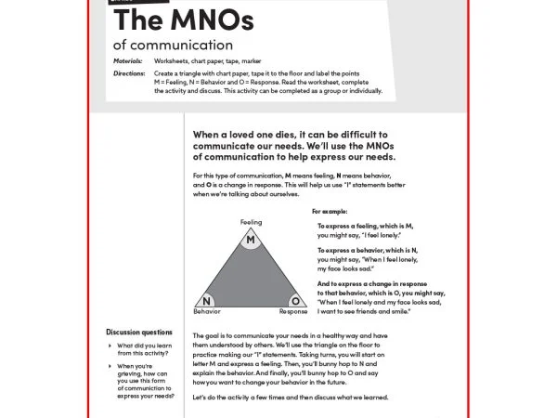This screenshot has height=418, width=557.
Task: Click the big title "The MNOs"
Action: coord(176,20)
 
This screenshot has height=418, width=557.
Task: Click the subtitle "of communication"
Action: coord(173,44)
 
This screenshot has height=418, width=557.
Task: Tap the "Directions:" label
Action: coord(129,72)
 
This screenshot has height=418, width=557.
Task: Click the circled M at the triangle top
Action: coord(250,241)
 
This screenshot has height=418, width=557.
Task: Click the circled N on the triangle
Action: coord(207,301)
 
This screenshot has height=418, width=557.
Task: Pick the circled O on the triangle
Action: coord(294,301)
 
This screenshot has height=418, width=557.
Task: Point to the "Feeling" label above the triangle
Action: coord(251,223)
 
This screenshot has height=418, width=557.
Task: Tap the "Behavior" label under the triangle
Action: coord(207,312)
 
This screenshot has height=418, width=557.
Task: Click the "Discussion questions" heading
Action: coord(139,332)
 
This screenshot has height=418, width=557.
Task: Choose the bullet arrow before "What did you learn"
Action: coord(110,345)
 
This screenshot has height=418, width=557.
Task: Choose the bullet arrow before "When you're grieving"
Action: coord(110,366)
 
